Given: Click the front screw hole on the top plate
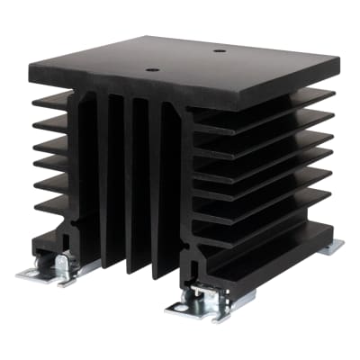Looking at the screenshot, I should tap(152, 69).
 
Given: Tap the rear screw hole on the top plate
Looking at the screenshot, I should tap(219, 49).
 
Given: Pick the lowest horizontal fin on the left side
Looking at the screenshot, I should tap(52, 205).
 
